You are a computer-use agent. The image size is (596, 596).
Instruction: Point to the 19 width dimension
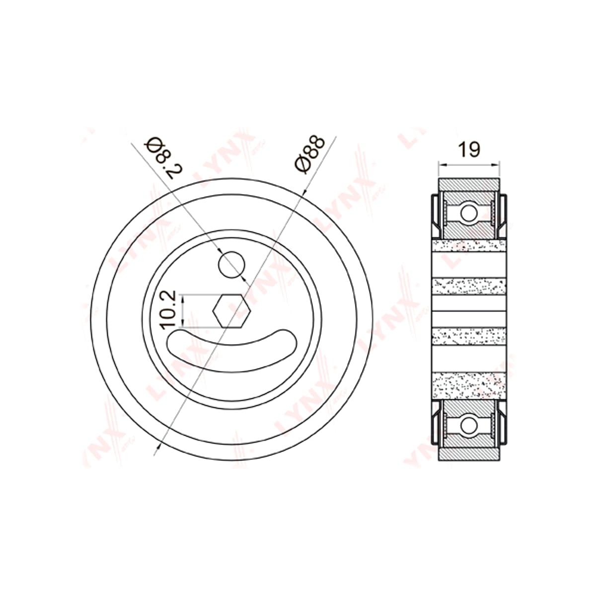click(x=469, y=149)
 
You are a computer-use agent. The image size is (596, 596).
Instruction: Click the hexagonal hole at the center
click(x=231, y=311)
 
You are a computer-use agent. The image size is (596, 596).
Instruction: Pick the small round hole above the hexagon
click(x=231, y=265)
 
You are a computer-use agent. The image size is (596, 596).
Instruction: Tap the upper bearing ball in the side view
click(x=469, y=213)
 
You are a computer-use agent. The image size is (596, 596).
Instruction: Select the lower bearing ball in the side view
click(x=469, y=426)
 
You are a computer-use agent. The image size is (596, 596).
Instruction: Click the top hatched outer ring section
click(x=469, y=184)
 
